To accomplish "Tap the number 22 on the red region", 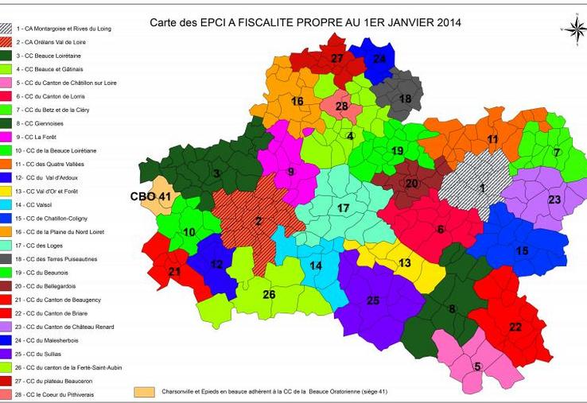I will point(515,327).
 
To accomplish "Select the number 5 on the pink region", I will point(477,366).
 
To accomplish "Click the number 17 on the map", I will point(343,208).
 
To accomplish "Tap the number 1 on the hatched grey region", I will point(481,188).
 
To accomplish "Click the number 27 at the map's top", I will point(337,58).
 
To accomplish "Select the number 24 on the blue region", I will point(379,59).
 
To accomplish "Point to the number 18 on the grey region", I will point(405,99).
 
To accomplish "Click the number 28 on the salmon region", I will point(341,107).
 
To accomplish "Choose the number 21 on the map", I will point(176,271).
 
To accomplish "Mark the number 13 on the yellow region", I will point(404,263).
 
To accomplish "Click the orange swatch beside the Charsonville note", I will point(144,392).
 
